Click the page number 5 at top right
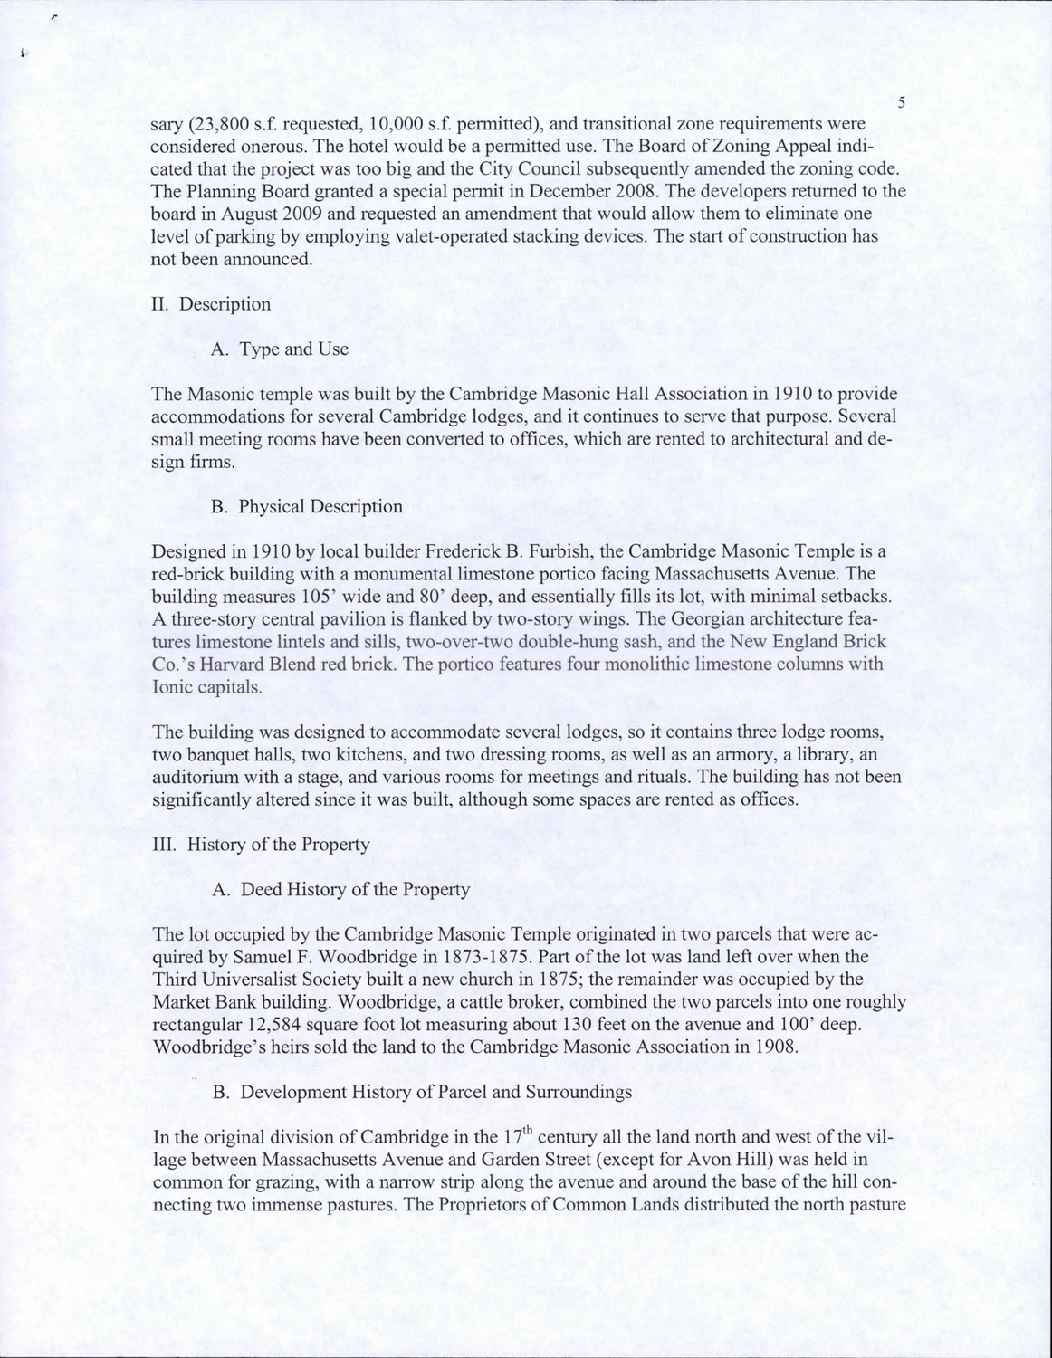902,103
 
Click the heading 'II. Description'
211,304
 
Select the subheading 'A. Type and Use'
279,349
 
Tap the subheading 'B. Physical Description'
307,506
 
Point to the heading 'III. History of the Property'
261,844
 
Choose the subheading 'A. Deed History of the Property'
340,889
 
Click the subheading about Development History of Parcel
422,1092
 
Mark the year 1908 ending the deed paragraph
775,1047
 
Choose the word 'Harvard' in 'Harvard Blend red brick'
225,664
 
